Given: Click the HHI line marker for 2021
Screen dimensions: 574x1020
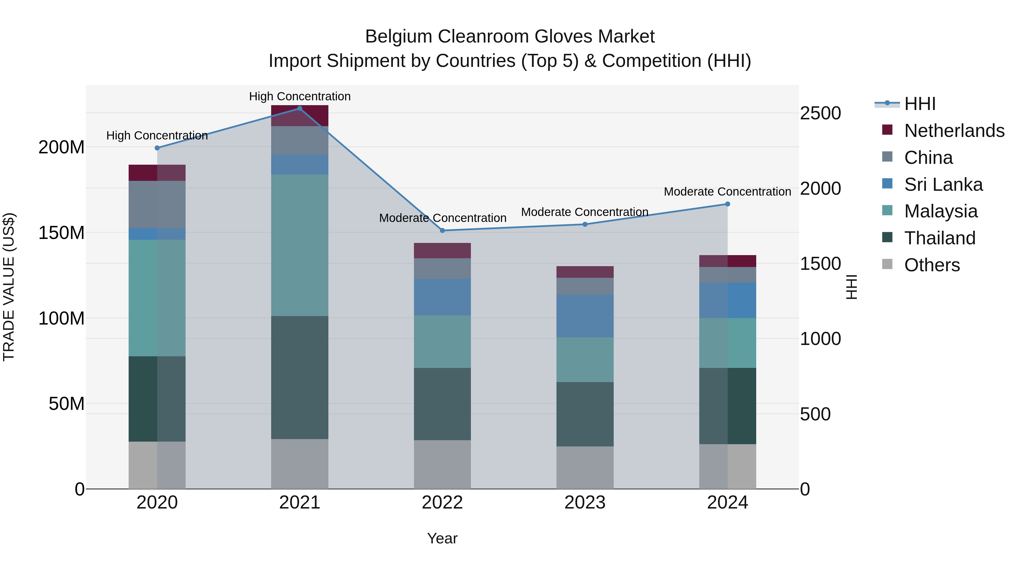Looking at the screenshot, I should (x=300, y=109).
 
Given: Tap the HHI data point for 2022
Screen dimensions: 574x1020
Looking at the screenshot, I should (x=442, y=230).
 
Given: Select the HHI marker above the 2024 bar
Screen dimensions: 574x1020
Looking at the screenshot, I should (x=727, y=204).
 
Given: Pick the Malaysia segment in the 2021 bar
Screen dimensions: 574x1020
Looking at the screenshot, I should (x=300, y=245).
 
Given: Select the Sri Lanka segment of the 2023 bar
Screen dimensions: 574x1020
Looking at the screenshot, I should (x=585, y=316).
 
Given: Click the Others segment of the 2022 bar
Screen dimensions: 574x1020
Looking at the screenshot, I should (x=442, y=464).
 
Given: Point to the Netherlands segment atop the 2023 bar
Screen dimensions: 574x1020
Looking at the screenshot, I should (x=585, y=272).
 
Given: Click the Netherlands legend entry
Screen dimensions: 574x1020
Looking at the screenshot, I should (x=954, y=131).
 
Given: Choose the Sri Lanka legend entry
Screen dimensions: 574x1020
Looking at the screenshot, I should (x=943, y=185).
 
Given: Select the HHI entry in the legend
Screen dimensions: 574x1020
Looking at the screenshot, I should (x=919, y=104).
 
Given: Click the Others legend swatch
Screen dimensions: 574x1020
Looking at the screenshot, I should (x=887, y=264).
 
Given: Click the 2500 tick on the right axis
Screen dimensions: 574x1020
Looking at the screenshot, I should (x=820, y=113).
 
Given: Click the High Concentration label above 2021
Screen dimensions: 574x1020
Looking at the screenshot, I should (x=300, y=96).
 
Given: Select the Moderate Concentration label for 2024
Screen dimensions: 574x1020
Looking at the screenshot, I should (x=727, y=192).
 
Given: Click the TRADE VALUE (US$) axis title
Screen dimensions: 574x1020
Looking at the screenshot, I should (x=9, y=287).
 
